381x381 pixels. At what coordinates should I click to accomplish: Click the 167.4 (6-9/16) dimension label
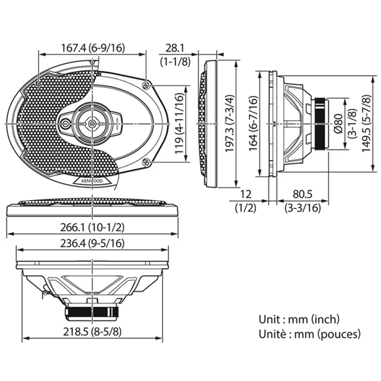92,48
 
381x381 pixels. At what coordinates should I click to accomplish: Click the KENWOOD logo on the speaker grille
88,180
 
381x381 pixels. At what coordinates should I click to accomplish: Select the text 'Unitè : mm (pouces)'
310,334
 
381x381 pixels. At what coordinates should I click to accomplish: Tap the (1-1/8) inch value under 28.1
175,61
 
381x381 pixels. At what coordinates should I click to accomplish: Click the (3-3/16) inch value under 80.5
303,208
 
